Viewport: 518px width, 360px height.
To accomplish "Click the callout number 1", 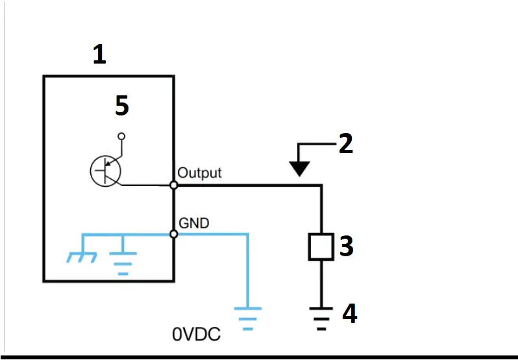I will point(99,54).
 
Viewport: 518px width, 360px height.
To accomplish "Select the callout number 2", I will point(346,143).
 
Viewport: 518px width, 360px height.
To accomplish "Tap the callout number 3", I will point(346,246).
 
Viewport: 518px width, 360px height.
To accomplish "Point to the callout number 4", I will point(349,314).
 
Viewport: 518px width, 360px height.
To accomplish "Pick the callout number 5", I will point(121,106).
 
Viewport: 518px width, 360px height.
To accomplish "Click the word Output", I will point(199,173).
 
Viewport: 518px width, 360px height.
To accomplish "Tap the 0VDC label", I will point(196,335).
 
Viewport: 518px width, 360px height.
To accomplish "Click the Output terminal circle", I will point(173,186).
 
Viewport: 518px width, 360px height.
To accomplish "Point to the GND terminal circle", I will point(173,234).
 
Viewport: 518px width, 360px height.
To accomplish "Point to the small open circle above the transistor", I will point(121,137).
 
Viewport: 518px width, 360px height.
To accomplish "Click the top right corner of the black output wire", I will point(321,186).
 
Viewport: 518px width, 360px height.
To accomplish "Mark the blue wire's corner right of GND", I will point(247,234).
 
